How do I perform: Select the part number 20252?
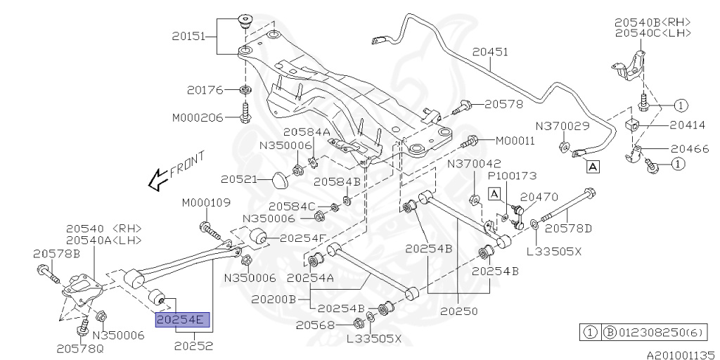tap(193, 345)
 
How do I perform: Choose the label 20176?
tap(205, 90)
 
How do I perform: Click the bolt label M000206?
tap(197, 117)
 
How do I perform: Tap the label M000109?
tap(206, 202)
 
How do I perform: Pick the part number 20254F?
tap(302, 238)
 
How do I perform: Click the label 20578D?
tap(569, 228)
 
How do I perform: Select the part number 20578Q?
tap(80, 347)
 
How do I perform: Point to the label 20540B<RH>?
tap(652, 22)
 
